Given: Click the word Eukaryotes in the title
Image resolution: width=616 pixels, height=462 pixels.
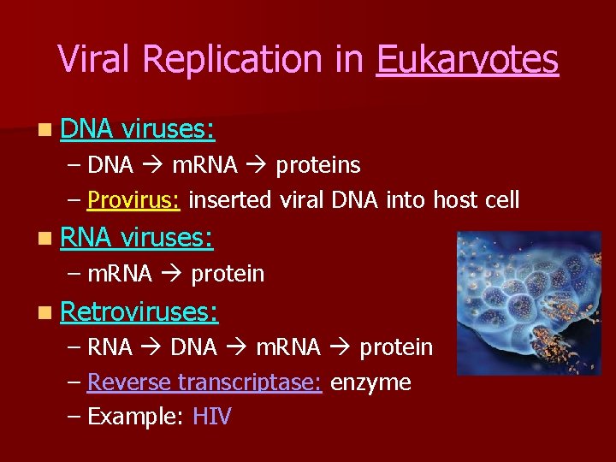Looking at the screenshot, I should (467, 60).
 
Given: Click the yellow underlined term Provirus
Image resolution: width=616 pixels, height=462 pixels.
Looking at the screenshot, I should (133, 200).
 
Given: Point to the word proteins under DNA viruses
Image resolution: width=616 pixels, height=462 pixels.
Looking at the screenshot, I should (318, 164).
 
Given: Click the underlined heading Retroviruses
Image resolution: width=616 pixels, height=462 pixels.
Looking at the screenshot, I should (139, 311).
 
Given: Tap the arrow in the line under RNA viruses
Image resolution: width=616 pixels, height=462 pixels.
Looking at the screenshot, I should (170, 275).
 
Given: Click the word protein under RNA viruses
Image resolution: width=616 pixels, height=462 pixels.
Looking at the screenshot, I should (227, 275).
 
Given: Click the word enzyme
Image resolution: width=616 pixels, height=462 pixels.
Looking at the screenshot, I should (370, 382).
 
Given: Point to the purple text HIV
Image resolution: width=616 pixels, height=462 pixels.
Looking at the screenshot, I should (211, 418).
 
